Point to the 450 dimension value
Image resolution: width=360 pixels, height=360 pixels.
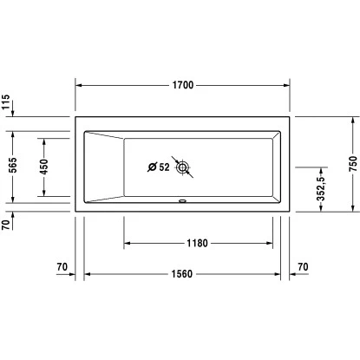coord(45,166)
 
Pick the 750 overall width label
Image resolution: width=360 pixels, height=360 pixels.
coord(352,165)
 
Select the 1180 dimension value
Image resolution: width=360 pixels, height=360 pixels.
coord(198,243)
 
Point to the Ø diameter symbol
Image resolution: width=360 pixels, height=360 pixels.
coord(152,167)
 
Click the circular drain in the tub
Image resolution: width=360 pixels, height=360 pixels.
coord(182,167)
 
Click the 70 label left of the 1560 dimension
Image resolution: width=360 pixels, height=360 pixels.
coord(61,265)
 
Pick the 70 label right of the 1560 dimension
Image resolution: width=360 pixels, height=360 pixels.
coord(302,265)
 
